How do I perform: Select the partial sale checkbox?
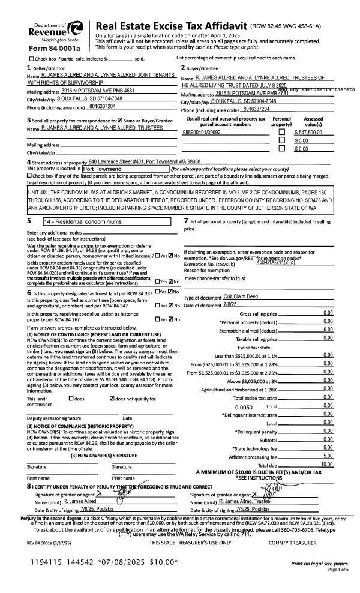click(32, 58)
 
